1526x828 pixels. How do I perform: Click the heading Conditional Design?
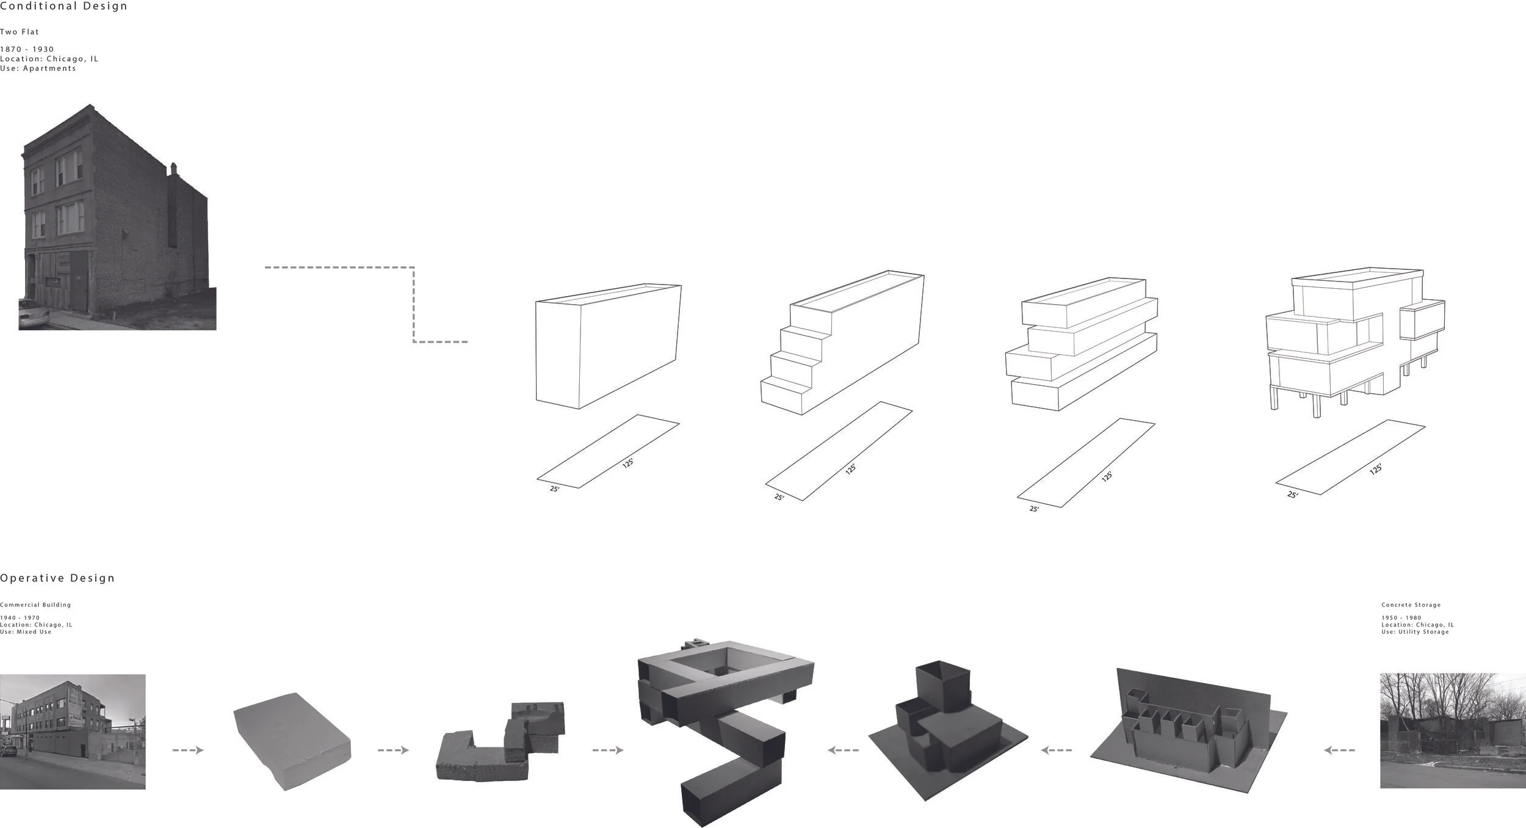click(x=63, y=6)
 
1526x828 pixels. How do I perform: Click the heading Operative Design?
click(x=57, y=578)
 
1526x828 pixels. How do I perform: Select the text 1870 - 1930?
click(x=27, y=49)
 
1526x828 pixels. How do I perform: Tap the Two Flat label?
click(x=20, y=32)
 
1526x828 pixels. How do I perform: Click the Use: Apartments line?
click(x=38, y=68)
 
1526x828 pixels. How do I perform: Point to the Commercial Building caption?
click(x=35, y=605)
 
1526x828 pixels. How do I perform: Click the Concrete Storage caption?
click(x=1411, y=605)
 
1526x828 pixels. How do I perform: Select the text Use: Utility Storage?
click(x=1415, y=632)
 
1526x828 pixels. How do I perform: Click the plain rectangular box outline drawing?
click(x=607, y=345)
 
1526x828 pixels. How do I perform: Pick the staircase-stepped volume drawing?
click(x=842, y=345)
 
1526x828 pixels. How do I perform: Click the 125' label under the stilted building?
click(x=1375, y=469)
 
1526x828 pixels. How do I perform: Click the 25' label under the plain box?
click(x=554, y=488)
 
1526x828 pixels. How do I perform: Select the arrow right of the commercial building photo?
click(x=188, y=750)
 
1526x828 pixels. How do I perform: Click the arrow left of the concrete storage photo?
click(x=1339, y=750)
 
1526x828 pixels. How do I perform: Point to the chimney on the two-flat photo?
click(x=173, y=169)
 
